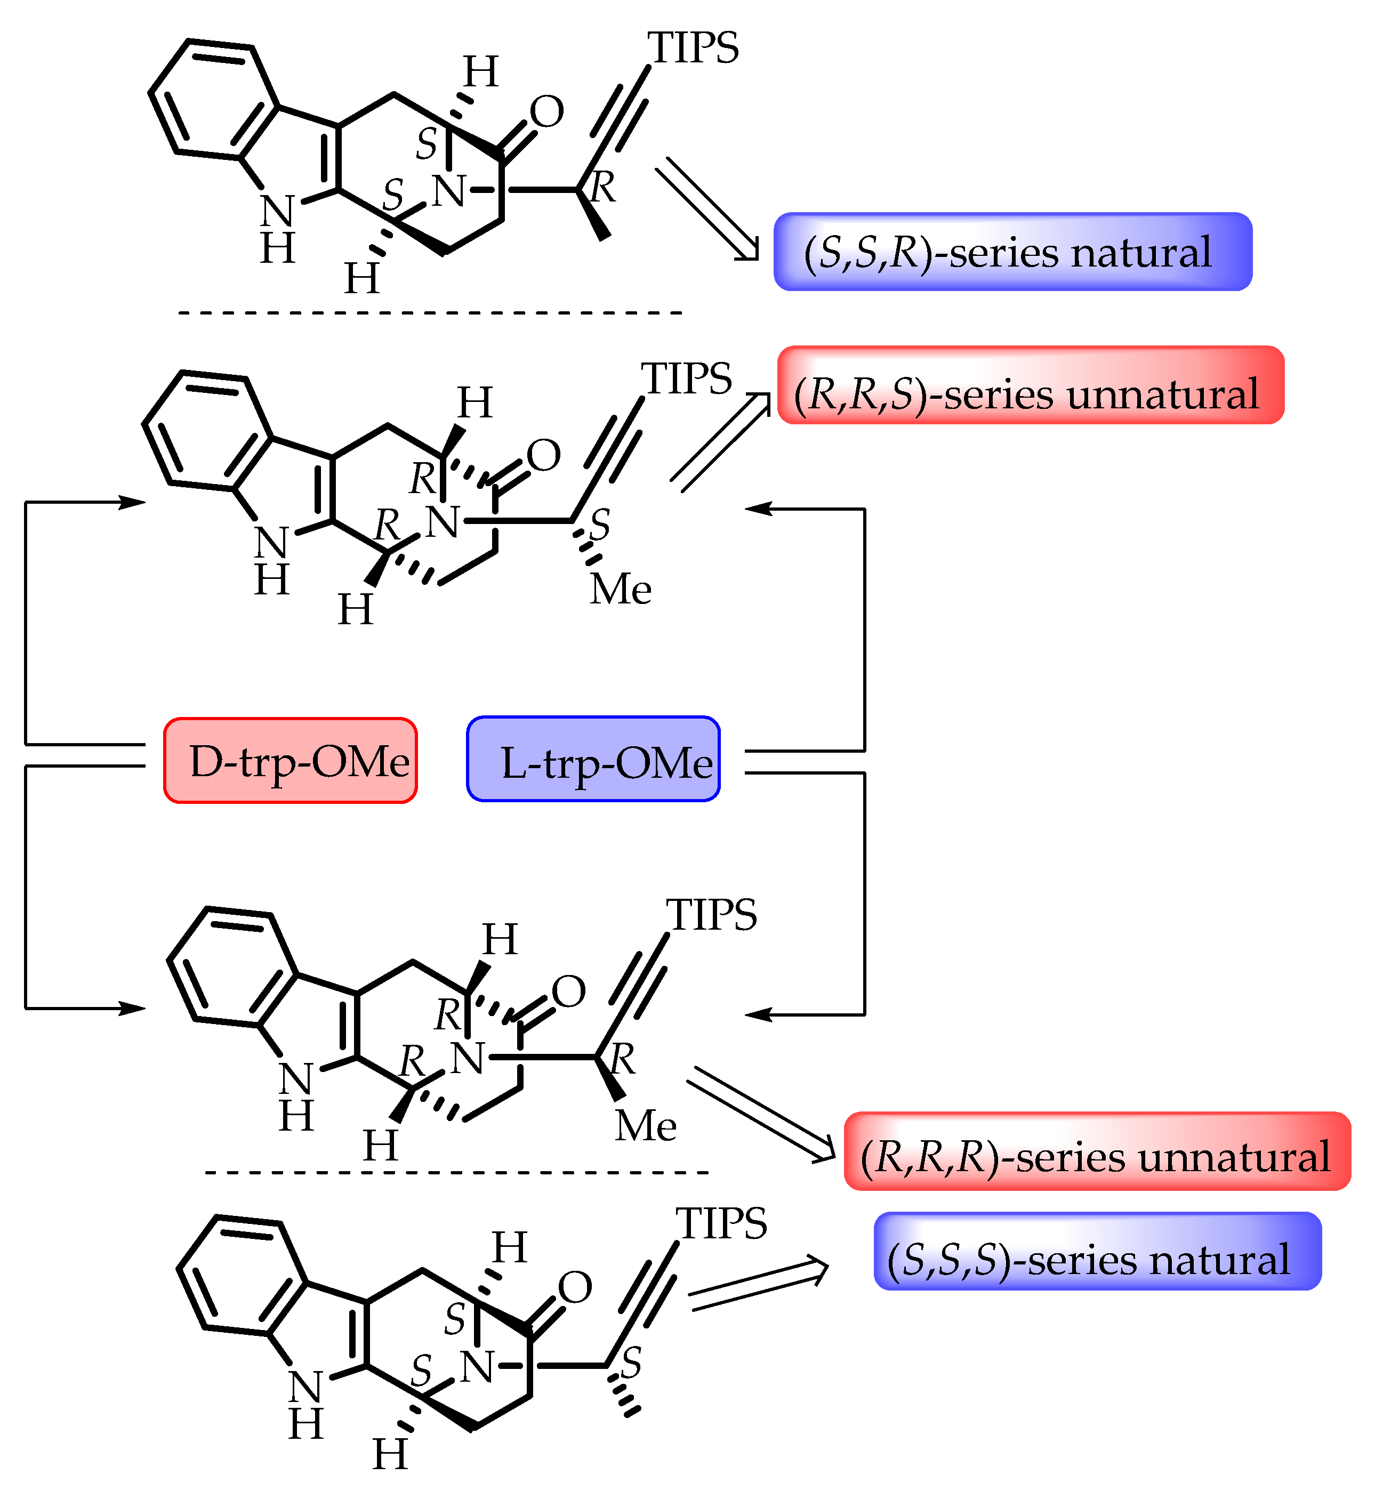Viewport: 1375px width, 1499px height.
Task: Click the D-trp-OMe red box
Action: coord(290,760)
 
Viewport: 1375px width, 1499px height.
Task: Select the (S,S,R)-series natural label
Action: coord(1012,252)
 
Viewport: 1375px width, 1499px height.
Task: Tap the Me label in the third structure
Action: coord(646,1125)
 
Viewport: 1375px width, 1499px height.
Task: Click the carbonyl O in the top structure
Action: coord(547,111)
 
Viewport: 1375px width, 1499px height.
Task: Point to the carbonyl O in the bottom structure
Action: coord(574,1287)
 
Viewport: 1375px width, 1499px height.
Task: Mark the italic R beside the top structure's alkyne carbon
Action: coord(602,187)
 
